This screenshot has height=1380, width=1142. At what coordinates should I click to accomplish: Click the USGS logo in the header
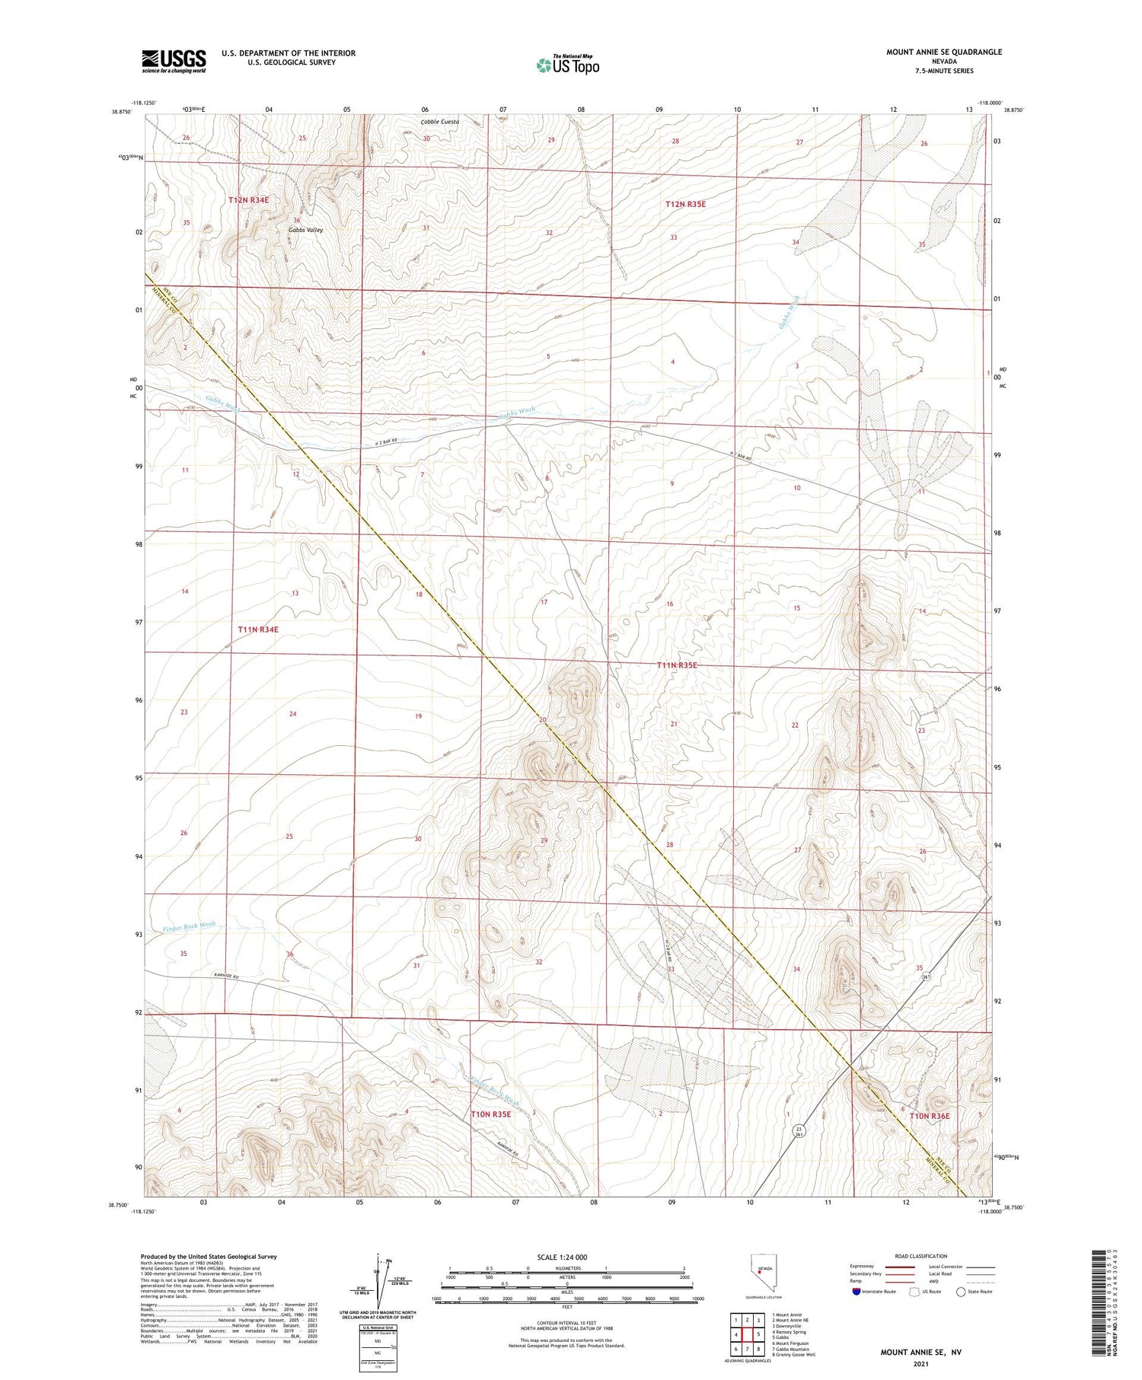[x=174, y=61]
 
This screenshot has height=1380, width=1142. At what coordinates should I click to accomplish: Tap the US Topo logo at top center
[x=567, y=65]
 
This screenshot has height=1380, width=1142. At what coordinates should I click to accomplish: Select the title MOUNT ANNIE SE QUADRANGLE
[x=943, y=52]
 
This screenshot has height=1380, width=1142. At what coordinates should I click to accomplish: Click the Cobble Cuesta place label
[x=440, y=122]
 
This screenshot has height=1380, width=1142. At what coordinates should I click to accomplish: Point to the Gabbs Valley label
[x=305, y=230]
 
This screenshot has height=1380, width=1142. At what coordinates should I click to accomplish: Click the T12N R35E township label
[x=690, y=204]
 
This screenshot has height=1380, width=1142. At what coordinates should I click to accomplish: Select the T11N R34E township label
[x=258, y=629]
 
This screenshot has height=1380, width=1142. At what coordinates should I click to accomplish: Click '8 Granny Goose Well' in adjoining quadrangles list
[x=793, y=1355]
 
